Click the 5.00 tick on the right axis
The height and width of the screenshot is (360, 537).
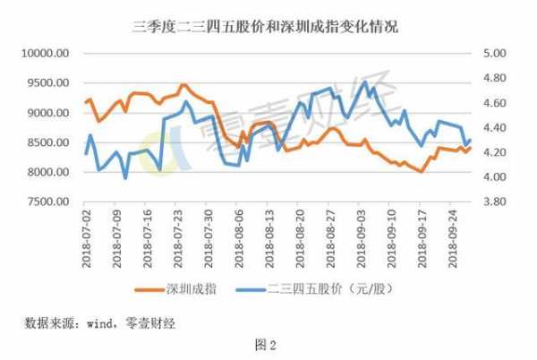pyautogui.click(x=494, y=54)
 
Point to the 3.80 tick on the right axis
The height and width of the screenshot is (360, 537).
pyautogui.click(x=494, y=202)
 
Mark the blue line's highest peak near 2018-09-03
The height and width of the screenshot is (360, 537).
pyautogui.click(x=364, y=82)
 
